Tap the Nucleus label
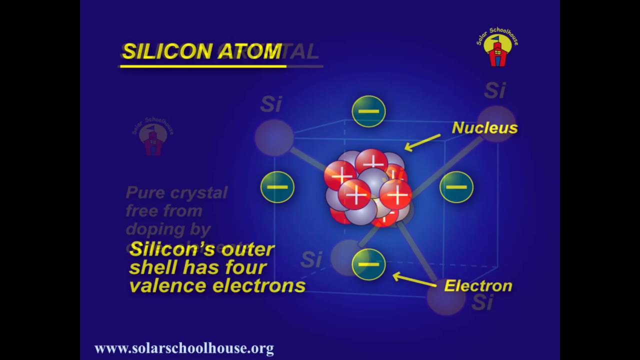[x=484, y=128]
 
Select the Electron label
[x=478, y=286]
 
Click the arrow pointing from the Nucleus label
[x=422, y=142]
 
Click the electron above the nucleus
[x=368, y=111]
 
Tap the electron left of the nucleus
[x=277, y=187]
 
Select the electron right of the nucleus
[x=456, y=187]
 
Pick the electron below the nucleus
[x=368, y=264]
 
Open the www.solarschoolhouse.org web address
[x=184, y=348]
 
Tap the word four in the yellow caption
[x=244, y=267]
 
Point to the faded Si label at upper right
[x=494, y=91]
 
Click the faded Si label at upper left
[x=271, y=104]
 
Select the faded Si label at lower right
[x=482, y=302]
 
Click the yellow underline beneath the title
[x=203, y=65]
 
